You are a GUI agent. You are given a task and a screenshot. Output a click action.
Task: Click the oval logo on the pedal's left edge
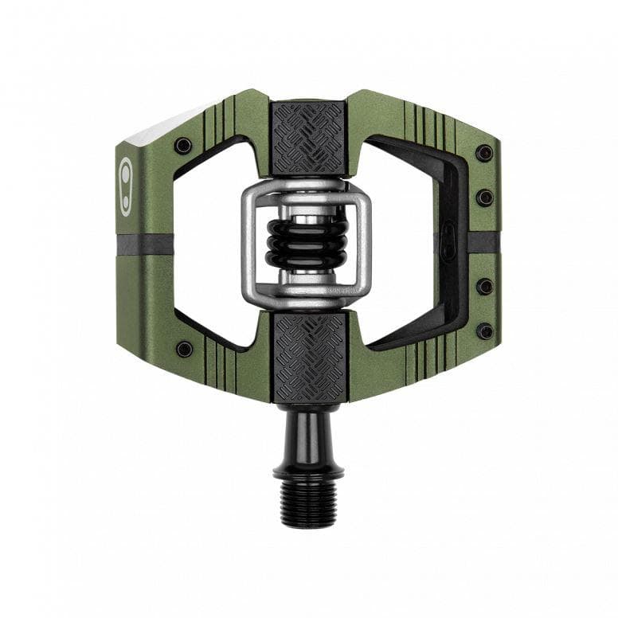(x=126, y=186)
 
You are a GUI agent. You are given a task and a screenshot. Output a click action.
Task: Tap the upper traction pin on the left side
(x=183, y=146)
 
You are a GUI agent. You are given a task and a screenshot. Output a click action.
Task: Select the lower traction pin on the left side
(x=184, y=349)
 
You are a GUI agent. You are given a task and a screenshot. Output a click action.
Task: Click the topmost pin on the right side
(x=483, y=153)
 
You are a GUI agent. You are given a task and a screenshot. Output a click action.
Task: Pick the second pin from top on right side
(x=484, y=197)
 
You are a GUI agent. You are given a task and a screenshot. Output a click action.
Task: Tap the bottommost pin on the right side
(x=484, y=331)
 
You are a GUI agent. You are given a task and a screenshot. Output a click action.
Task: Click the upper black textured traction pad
(x=309, y=138)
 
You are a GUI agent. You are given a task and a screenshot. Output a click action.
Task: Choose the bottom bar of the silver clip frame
(x=307, y=297)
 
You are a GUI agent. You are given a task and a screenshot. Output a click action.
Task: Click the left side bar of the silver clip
(x=250, y=243)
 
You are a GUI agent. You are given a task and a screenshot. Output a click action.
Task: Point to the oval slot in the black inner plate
(x=448, y=237)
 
